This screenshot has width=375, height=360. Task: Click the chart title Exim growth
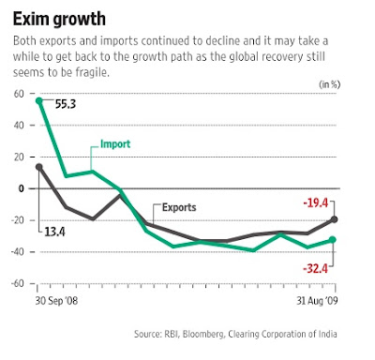pyautogui.click(x=59, y=19)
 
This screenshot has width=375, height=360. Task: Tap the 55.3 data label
pyautogui.click(x=66, y=104)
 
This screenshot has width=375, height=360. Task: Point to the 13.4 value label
pyautogui.click(x=54, y=232)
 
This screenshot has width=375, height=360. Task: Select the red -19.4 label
pyautogui.click(x=316, y=203)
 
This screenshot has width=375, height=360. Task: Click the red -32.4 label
pyautogui.click(x=315, y=268)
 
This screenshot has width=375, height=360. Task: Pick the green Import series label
pyautogui.click(x=115, y=144)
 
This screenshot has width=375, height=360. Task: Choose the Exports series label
pyautogui.click(x=179, y=207)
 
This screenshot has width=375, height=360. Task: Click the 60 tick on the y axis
pyautogui.click(x=19, y=94)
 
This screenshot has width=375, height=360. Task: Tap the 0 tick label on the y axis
pyautogui.click(x=21, y=188)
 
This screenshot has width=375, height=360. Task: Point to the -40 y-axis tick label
pyautogui.click(x=18, y=251)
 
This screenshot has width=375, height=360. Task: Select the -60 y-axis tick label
pyautogui.click(x=18, y=283)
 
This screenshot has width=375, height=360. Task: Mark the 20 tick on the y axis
pyautogui.click(x=19, y=157)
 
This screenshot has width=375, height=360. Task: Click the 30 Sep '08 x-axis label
pyautogui.click(x=56, y=301)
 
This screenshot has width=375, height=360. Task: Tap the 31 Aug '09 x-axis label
pyautogui.click(x=317, y=301)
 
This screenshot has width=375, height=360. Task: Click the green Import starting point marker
pyautogui.click(x=39, y=101)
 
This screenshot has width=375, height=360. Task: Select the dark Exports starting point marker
pyautogui.click(x=39, y=167)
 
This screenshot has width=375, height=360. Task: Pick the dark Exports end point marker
pyautogui.click(x=334, y=219)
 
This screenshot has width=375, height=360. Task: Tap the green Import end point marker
pyautogui.click(x=333, y=240)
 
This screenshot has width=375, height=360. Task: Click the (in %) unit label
pyautogui.click(x=329, y=84)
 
